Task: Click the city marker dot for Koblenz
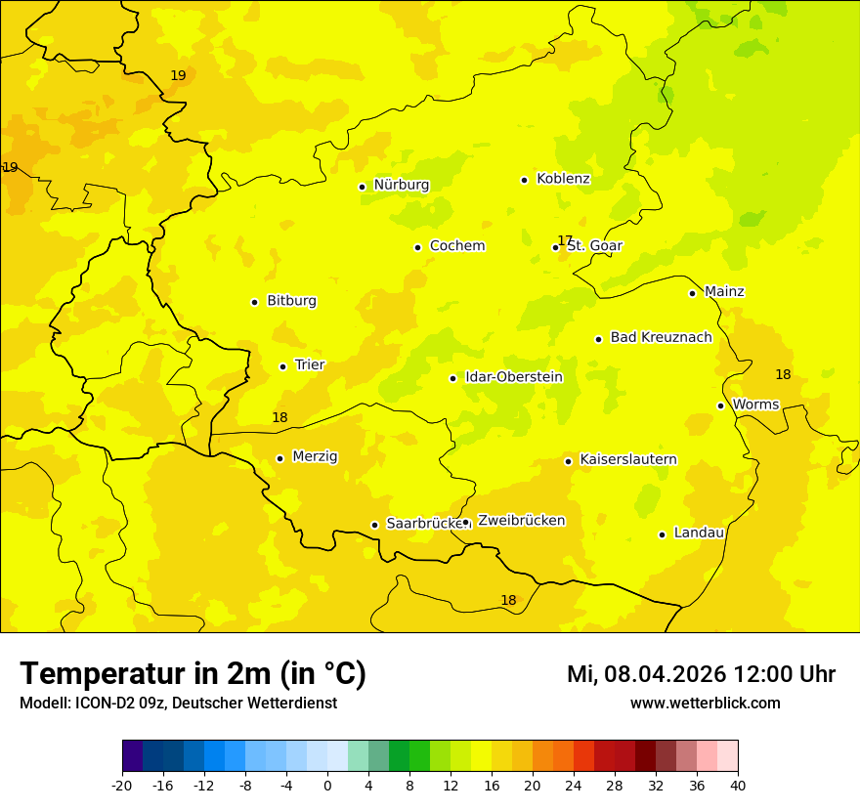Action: click(525, 180)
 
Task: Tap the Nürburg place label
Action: click(401, 185)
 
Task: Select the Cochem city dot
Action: click(417, 247)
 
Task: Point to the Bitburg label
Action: click(291, 301)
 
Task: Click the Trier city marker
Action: click(283, 366)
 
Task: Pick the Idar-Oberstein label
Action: click(513, 377)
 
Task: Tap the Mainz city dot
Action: click(692, 293)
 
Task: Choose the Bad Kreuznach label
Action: click(661, 337)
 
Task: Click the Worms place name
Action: click(755, 405)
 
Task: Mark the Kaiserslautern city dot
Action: click(569, 461)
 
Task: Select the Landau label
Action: click(699, 533)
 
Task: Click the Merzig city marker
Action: click(280, 458)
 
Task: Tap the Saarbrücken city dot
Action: click(374, 525)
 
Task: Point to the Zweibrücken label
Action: click(521, 521)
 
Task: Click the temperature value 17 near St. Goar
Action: click(564, 240)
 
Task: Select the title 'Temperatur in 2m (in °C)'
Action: click(193, 673)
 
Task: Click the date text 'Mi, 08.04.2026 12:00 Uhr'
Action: click(701, 674)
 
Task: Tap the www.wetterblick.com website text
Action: click(705, 704)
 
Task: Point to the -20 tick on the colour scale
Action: click(122, 785)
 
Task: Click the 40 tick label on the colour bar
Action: click(738, 785)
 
